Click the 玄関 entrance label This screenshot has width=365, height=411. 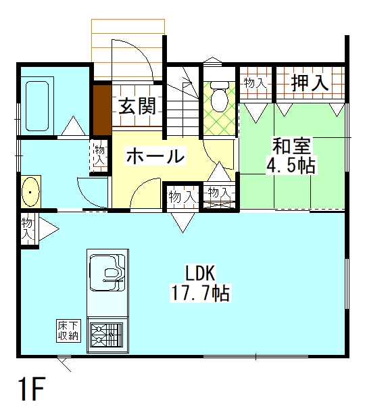click(x=138, y=106)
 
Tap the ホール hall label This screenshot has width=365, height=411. click(x=155, y=155)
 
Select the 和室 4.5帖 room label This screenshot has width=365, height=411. click(x=291, y=156)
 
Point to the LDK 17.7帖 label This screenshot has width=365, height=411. click(x=201, y=283)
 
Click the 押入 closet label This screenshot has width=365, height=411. click(x=310, y=83)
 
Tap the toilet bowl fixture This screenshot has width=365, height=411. click(x=219, y=96)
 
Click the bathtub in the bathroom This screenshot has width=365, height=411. click(x=37, y=106)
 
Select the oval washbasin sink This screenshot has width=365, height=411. click(x=30, y=192)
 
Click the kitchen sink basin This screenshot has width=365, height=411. click(x=107, y=272)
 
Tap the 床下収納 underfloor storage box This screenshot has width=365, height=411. click(x=68, y=331)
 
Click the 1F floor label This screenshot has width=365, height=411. click(x=32, y=389)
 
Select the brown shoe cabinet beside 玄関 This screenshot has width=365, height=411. click(x=103, y=110)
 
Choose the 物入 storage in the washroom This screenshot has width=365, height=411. click(x=100, y=155)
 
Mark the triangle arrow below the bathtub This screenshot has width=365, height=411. click(x=74, y=126)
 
